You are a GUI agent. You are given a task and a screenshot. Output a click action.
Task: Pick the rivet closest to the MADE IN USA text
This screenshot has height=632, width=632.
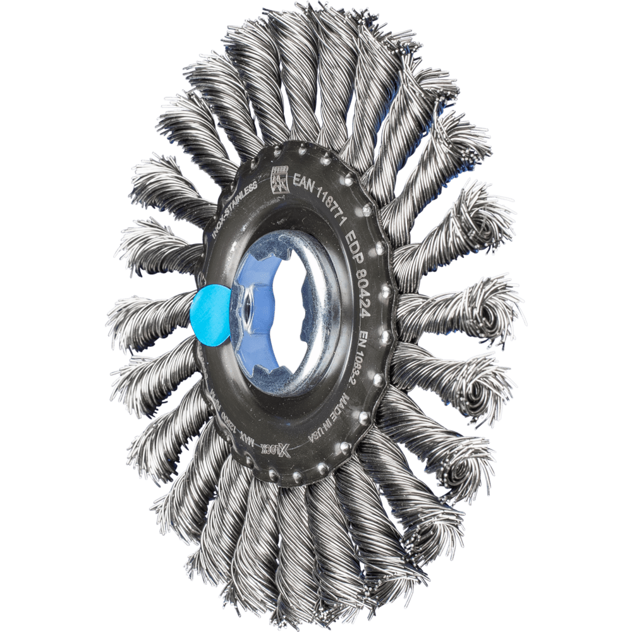click(x=364, y=417)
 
